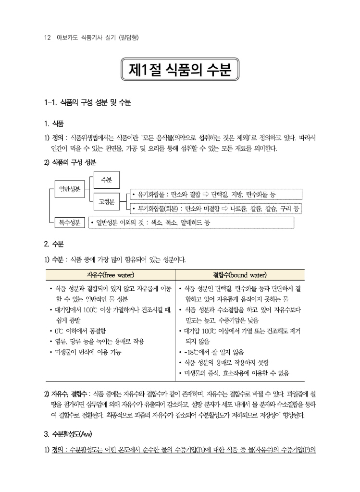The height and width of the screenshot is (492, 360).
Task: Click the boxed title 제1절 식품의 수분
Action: [180, 70]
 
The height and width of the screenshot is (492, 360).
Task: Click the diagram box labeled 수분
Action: [106, 180]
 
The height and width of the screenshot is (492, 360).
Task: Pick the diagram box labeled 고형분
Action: [106, 202]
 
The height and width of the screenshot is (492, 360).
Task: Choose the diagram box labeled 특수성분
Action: [70, 222]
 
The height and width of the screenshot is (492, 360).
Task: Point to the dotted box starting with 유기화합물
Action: [216, 195]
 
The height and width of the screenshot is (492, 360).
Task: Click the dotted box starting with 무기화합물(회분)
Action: [216, 209]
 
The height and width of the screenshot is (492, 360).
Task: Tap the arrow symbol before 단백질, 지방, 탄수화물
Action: [204, 195]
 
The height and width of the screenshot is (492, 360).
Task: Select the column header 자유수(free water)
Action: [110, 275]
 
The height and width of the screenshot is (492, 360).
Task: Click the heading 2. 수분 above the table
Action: [54, 244]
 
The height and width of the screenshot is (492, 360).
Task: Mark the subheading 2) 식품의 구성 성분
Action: [70, 162]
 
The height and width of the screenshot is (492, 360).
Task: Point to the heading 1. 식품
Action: [54, 123]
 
